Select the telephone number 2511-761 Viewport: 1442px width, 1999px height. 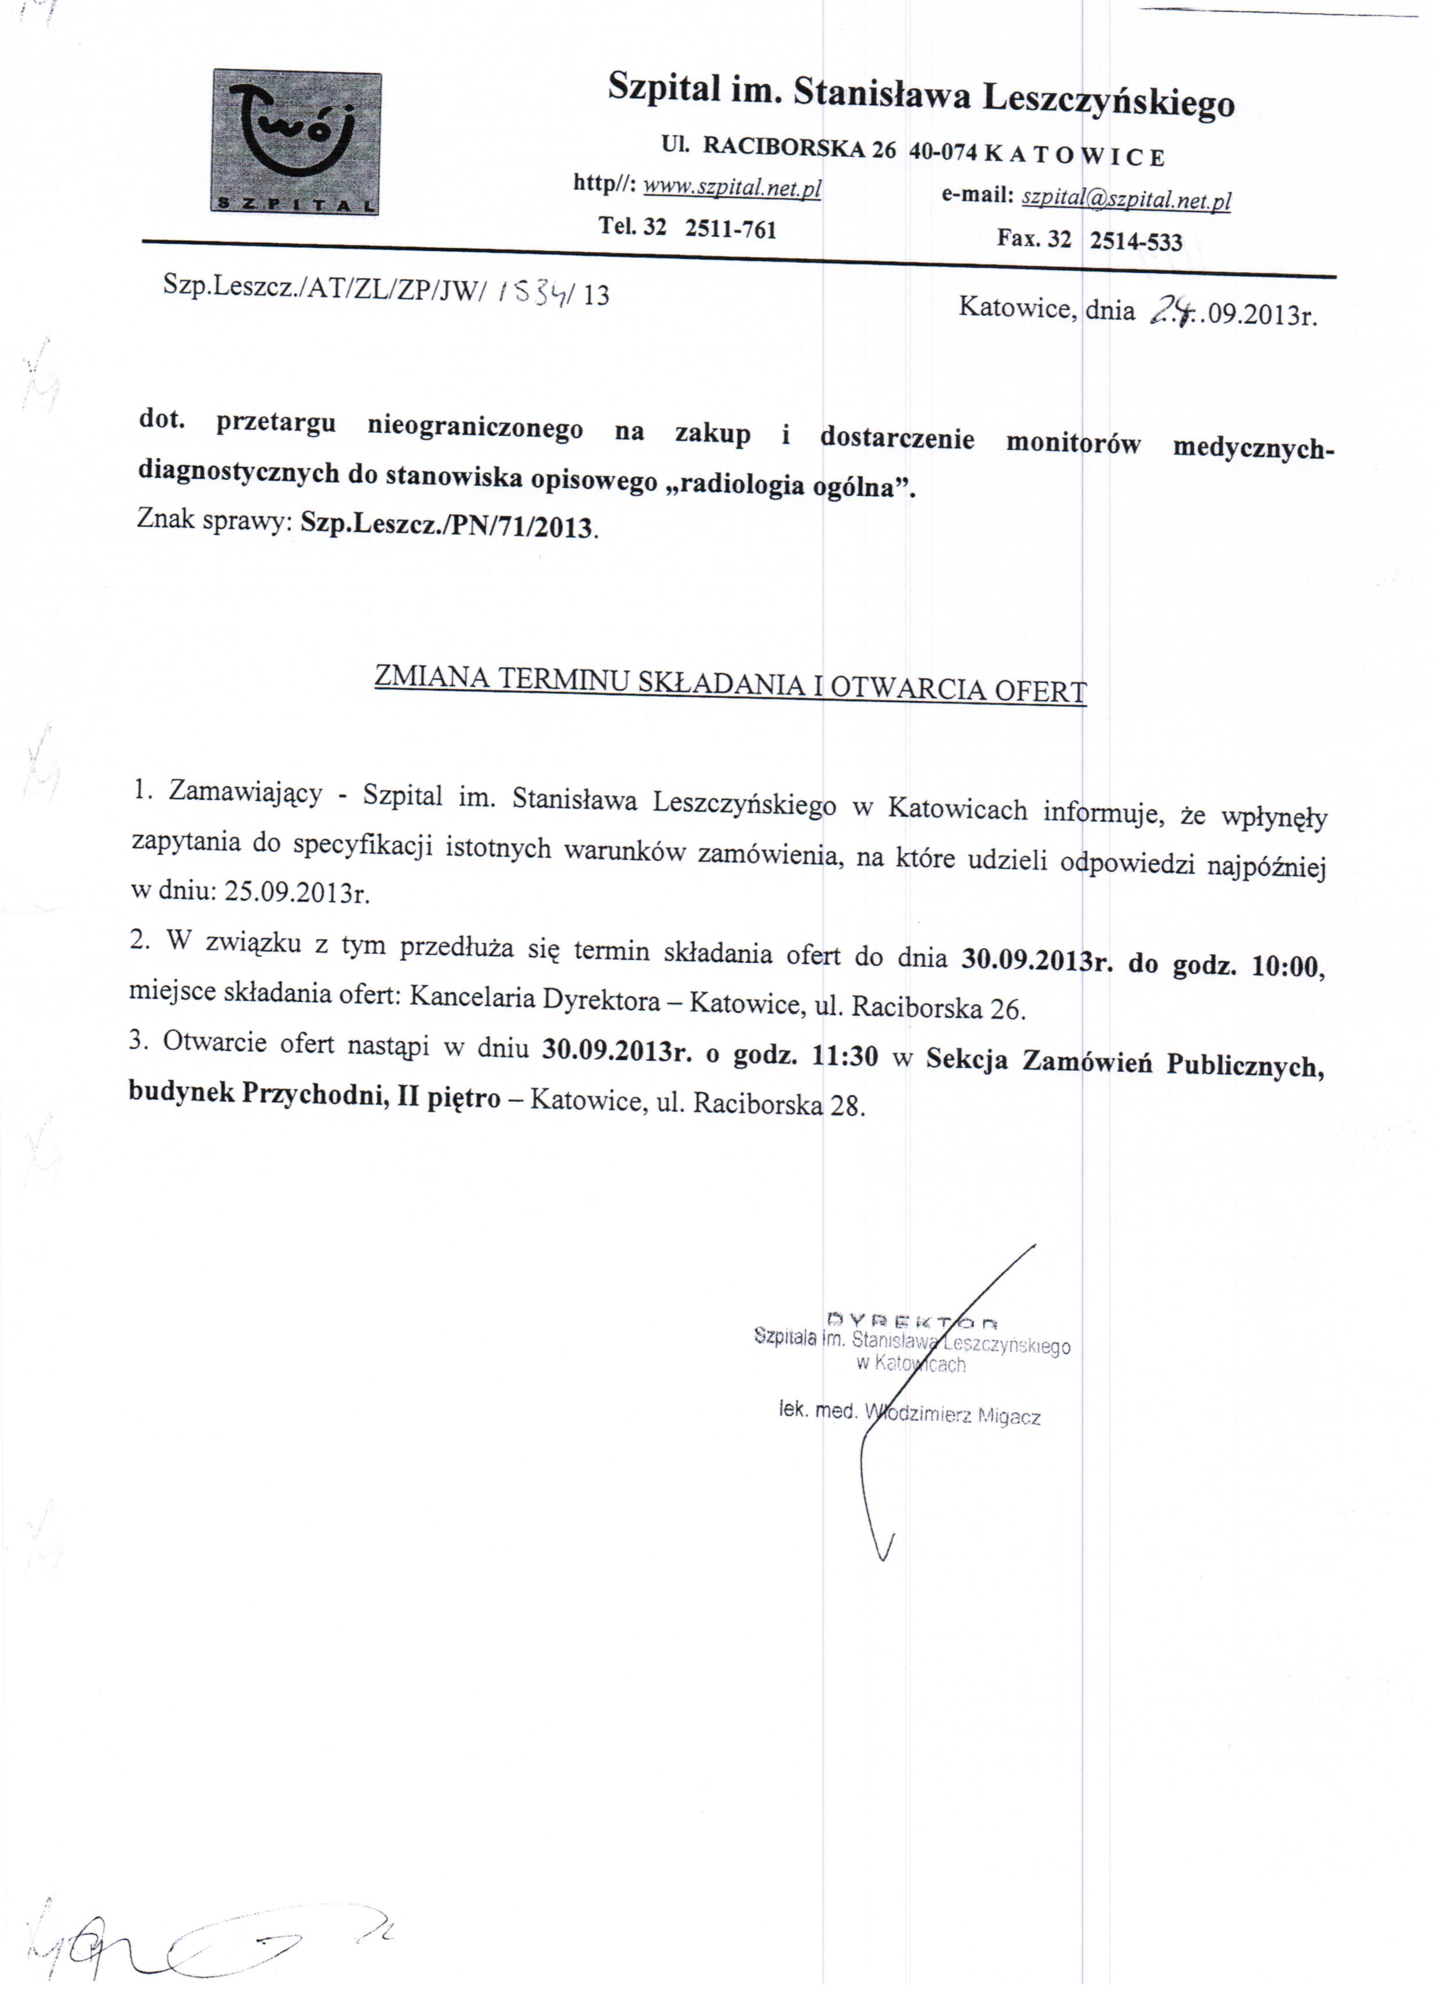point(731,229)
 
